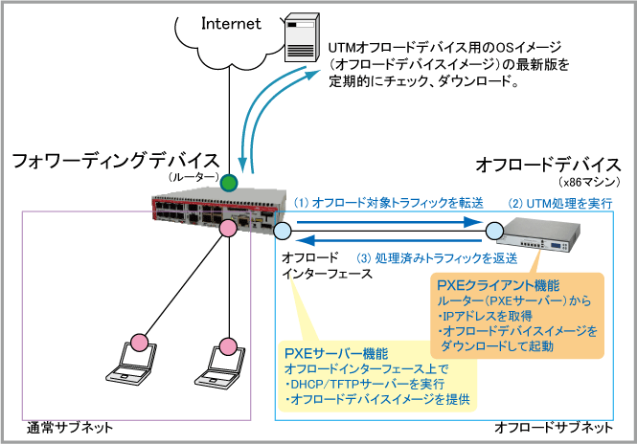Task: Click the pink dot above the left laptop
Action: pos(138,343)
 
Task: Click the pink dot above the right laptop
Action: pos(227,344)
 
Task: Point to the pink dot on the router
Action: pos(228,230)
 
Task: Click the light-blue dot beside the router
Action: pos(283,231)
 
